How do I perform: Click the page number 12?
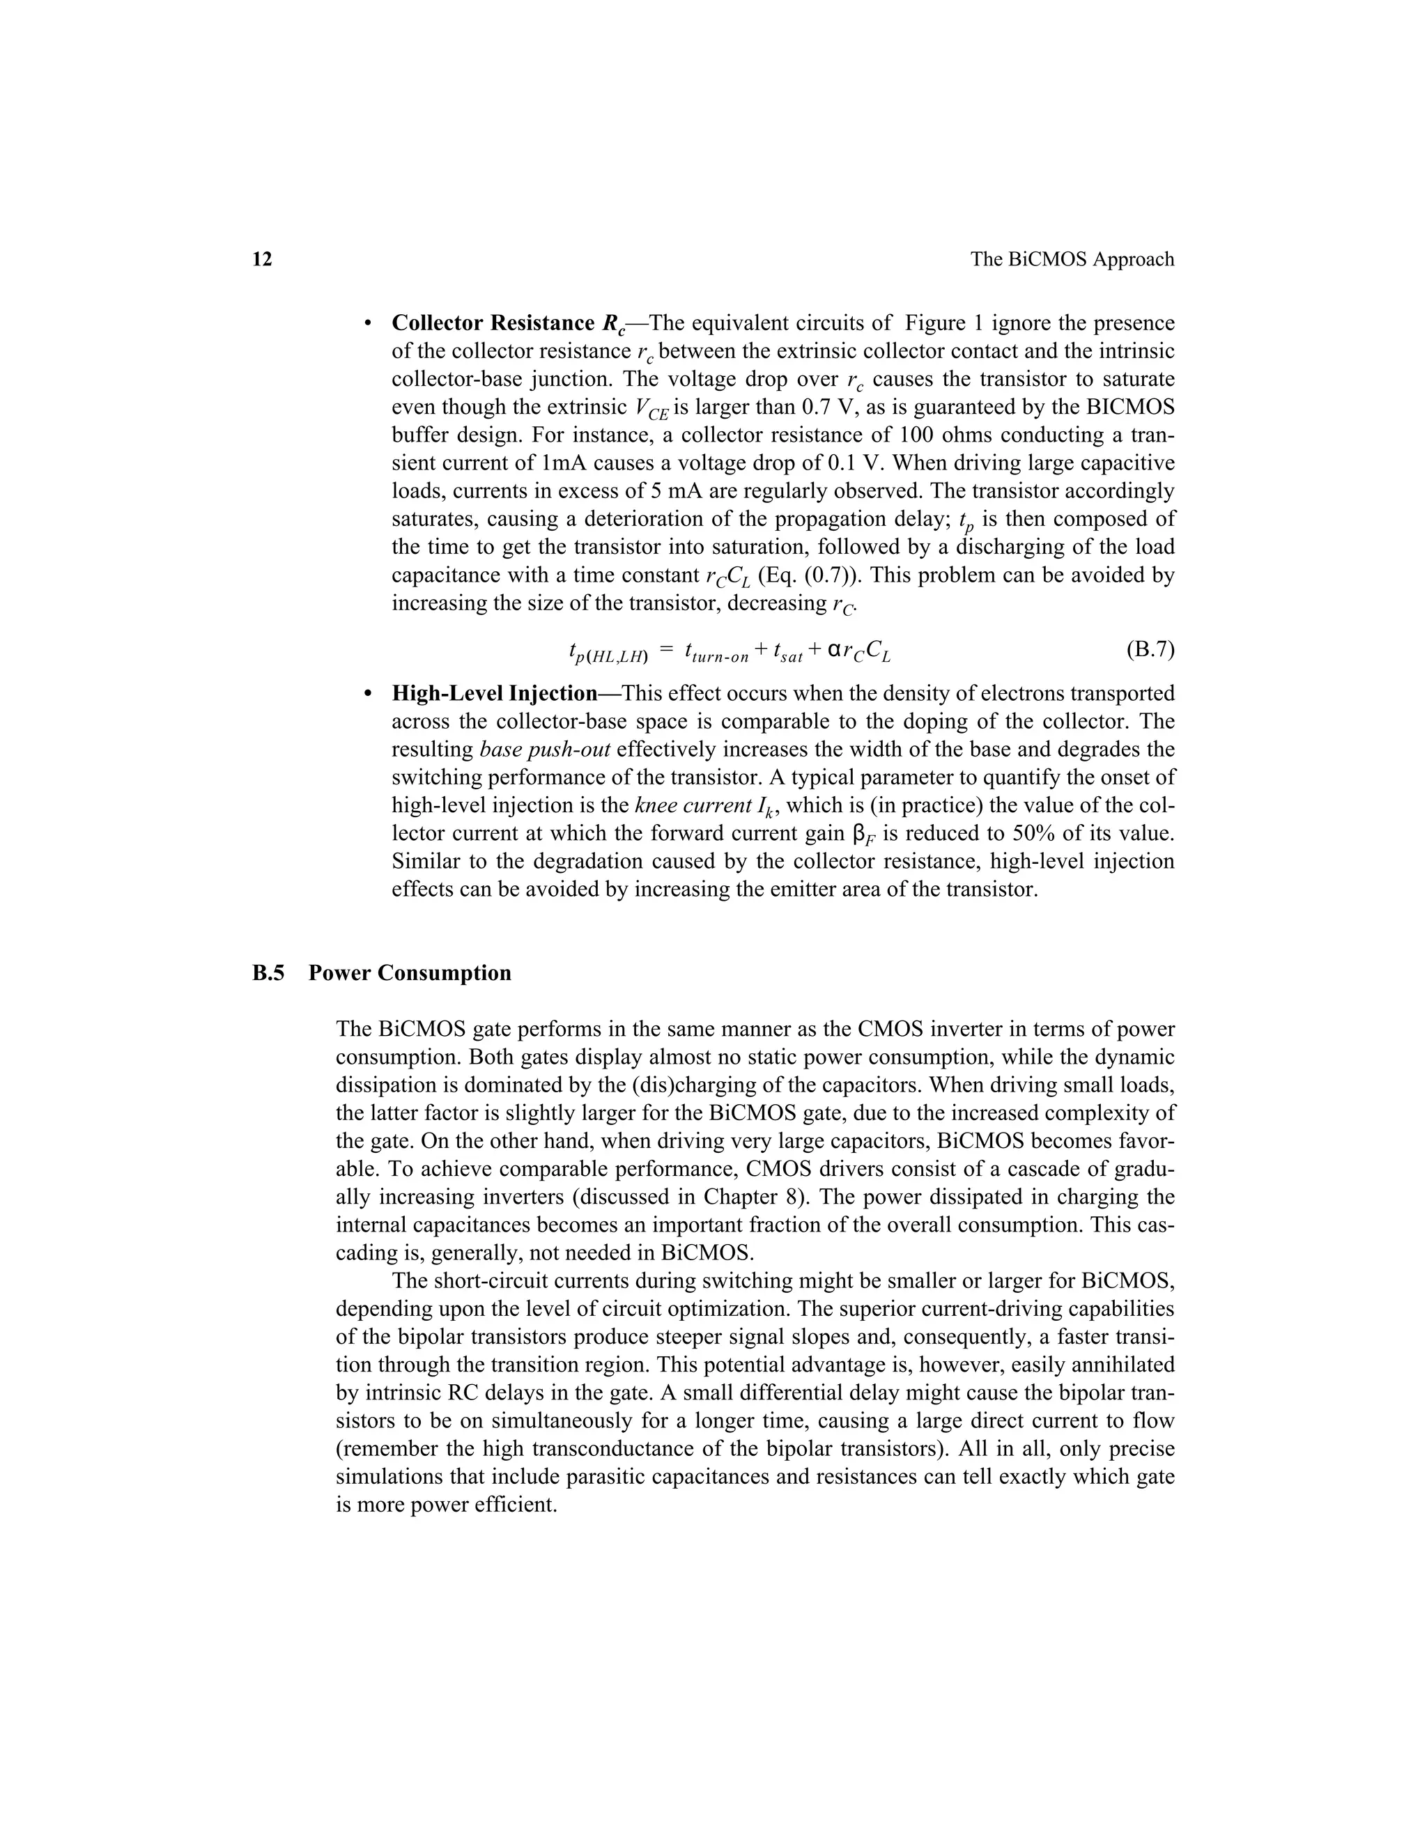[x=262, y=260]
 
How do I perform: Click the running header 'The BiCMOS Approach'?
[x=1072, y=260]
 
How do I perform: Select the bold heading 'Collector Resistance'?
[x=493, y=324]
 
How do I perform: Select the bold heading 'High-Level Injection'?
[x=495, y=694]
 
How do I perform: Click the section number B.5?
[x=269, y=973]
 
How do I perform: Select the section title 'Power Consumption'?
[x=410, y=973]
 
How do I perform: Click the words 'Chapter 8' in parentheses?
[x=753, y=1197]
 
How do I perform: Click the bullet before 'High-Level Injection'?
[x=367, y=694]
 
